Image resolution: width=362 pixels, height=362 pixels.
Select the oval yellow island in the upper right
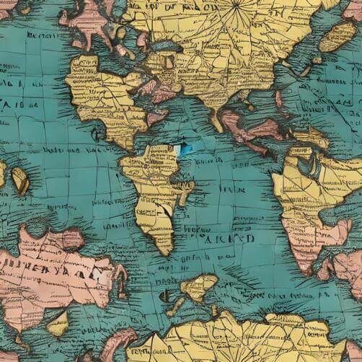coord(337,36)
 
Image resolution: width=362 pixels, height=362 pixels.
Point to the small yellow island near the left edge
coord(19,180)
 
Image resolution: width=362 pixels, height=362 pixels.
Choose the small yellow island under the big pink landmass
coord(58,324)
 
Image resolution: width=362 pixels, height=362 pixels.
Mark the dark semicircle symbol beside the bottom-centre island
coord(165,296)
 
